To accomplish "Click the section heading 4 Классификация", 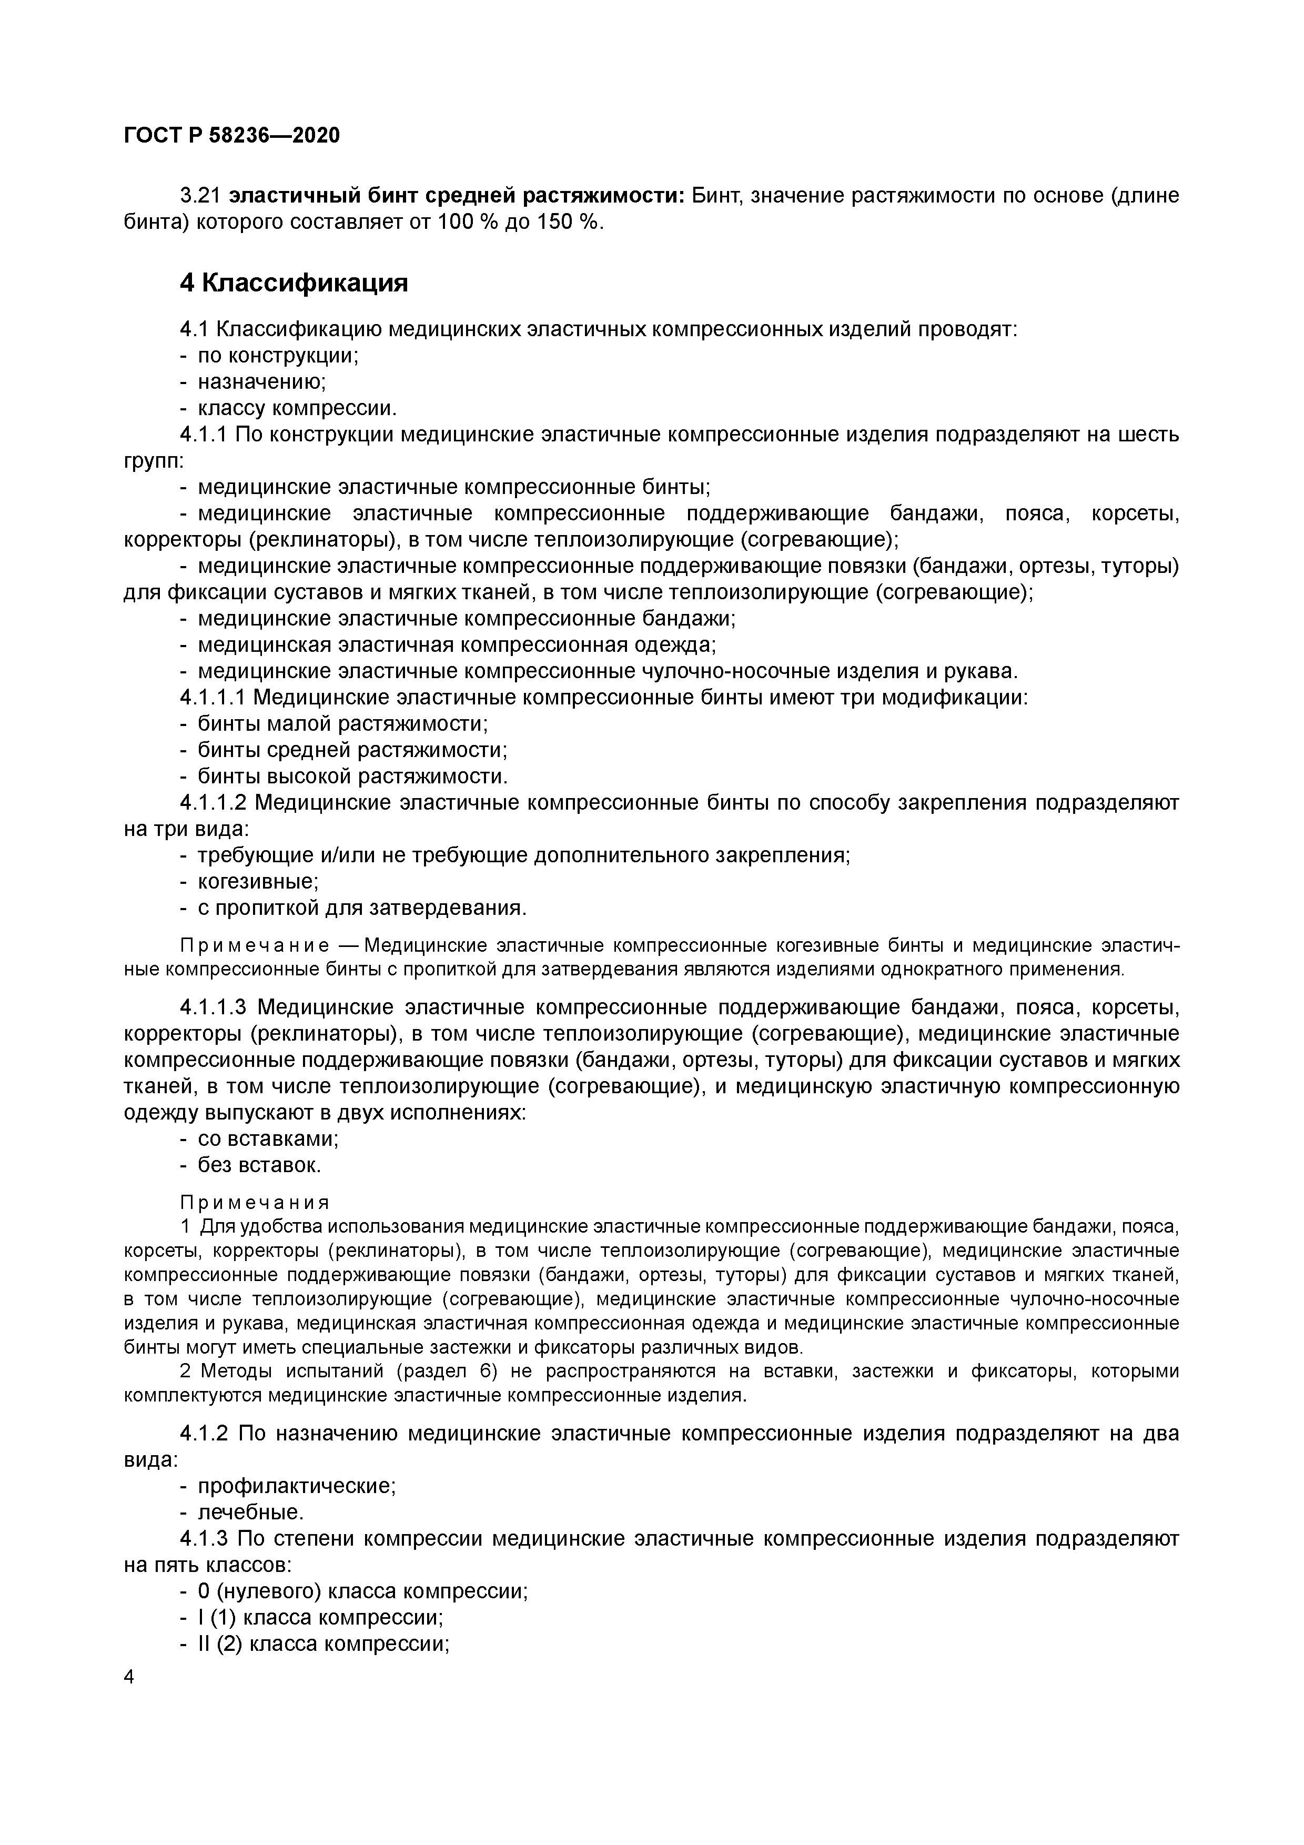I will [x=294, y=283].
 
